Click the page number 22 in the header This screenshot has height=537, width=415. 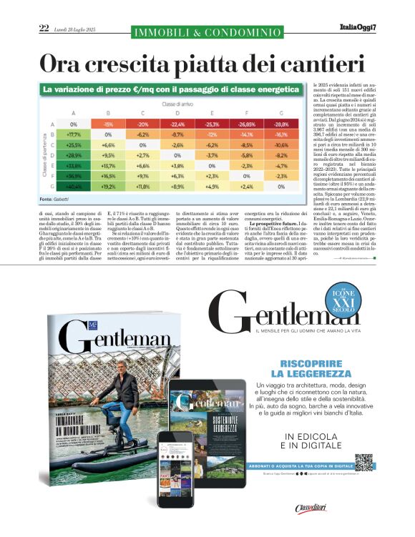pos(44,29)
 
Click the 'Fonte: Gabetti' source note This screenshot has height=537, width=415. pos(57,217)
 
